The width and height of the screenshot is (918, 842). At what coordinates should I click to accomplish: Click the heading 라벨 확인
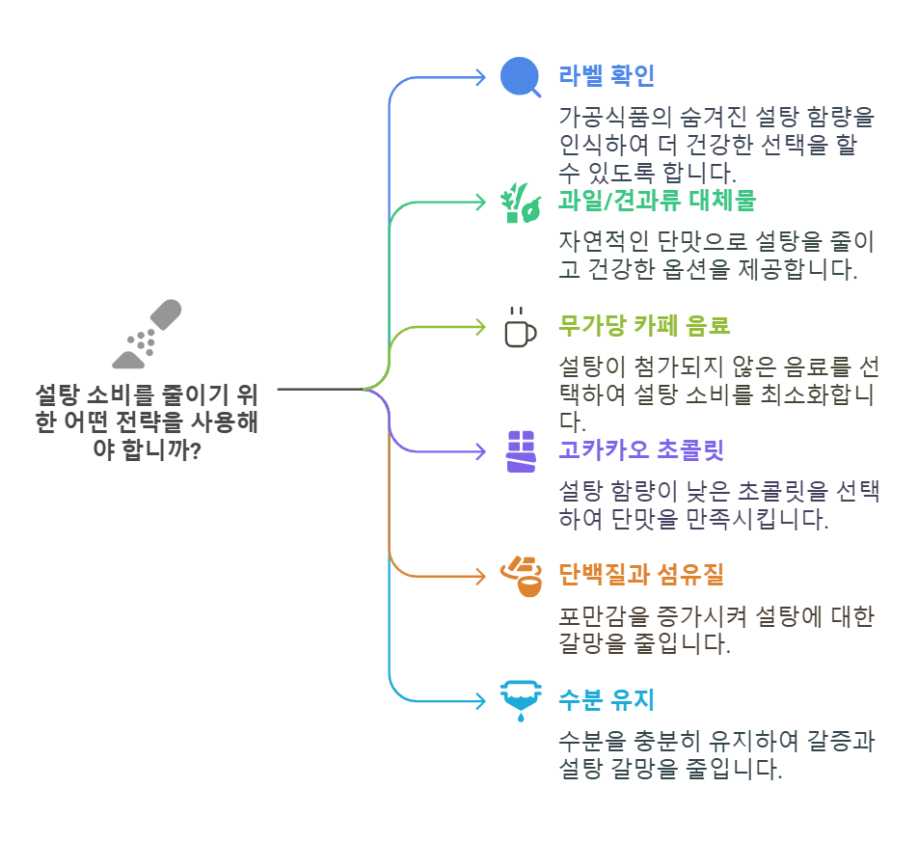tap(607, 76)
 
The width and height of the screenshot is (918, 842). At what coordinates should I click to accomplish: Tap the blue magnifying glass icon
tap(520, 77)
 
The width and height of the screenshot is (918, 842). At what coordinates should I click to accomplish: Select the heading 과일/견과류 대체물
tap(657, 201)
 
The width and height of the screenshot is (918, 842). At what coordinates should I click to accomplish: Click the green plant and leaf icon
tap(520, 202)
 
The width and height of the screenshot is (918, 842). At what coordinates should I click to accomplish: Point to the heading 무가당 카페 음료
tap(644, 325)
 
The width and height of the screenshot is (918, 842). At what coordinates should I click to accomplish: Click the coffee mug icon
tap(520, 327)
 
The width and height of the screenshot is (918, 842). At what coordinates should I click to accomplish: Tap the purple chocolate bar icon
tap(520, 450)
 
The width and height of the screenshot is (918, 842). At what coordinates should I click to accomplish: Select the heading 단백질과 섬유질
tap(641, 575)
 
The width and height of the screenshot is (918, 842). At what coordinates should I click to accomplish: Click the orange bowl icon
tap(520, 576)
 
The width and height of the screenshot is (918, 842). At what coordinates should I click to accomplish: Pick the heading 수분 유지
tap(607, 698)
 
